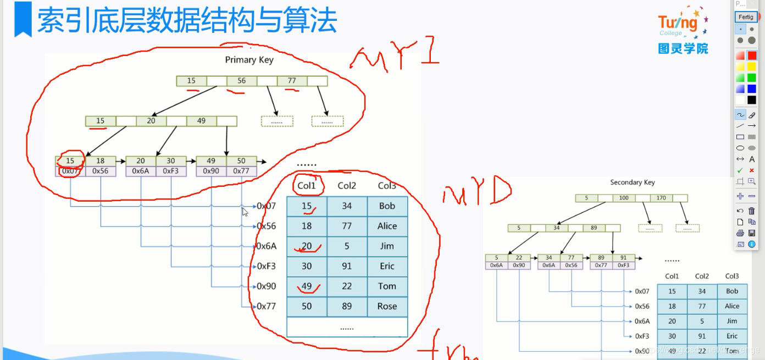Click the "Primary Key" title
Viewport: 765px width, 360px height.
point(249,60)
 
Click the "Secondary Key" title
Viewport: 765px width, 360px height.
point(632,182)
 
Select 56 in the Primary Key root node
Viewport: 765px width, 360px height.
point(241,81)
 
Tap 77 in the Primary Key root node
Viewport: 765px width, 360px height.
point(291,81)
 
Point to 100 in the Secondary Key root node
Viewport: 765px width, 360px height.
point(623,198)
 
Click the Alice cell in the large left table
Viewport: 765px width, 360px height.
point(387,226)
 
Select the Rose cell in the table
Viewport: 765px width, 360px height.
point(387,306)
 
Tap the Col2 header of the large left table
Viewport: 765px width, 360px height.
point(347,186)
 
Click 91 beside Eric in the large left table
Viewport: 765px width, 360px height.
point(347,266)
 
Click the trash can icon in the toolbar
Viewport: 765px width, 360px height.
point(752,211)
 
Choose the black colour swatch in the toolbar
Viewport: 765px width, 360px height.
point(752,100)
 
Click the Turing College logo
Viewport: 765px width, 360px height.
point(683,32)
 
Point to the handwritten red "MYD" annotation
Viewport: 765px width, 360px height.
point(476,192)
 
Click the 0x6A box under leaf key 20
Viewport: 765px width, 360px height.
point(141,171)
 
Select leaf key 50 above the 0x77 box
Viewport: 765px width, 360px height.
point(241,160)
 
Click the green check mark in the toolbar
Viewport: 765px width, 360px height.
point(740,170)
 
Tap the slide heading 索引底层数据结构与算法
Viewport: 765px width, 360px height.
point(187,21)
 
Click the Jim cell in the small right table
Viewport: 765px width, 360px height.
point(731,321)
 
